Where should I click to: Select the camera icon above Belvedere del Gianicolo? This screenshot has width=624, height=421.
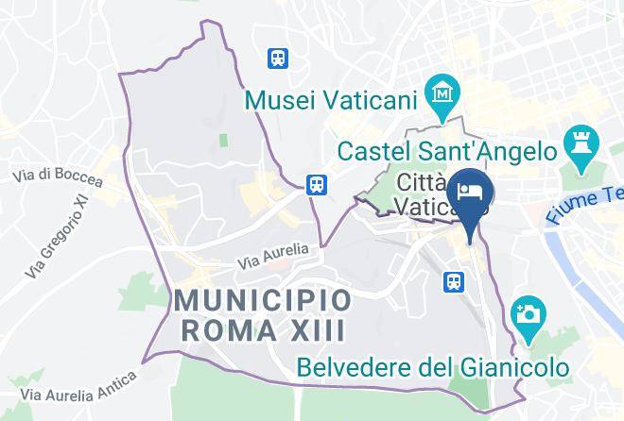tap(526, 312)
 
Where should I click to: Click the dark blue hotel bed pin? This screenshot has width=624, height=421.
tap(470, 192)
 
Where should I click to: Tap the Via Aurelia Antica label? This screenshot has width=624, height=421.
tap(79, 387)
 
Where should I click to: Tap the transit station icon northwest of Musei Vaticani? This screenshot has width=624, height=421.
tap(278, 58)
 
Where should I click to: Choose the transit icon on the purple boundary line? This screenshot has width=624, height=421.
tap(316, 183)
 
